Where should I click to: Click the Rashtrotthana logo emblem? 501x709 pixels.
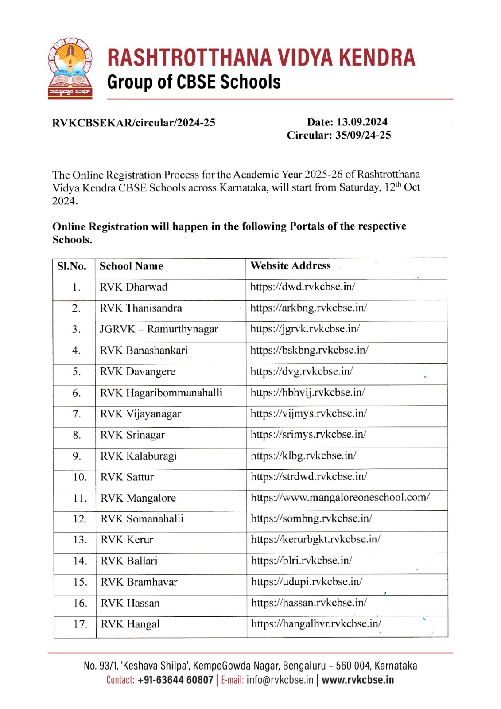point(70,68)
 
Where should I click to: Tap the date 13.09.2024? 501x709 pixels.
point(362,122)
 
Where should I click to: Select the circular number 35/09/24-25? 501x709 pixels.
point(363,135)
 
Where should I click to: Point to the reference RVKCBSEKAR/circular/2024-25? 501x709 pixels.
point(133,123)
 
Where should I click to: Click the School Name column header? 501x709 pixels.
point(131,266)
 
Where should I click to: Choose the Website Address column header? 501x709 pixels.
point(290,266)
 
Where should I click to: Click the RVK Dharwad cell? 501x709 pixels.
point(133,287)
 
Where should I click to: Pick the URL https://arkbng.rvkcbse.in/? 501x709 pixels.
point(308,308)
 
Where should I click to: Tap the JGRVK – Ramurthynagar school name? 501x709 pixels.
point(159,329)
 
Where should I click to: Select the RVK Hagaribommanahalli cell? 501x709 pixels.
point(161,393)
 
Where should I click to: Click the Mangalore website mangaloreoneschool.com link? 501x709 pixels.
point(340,498)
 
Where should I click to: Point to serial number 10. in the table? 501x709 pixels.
point(80,477)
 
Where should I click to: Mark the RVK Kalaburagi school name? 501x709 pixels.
point(138,456)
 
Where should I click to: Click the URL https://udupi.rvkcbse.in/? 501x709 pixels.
point(307,582)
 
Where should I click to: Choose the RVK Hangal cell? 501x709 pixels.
point(130,624)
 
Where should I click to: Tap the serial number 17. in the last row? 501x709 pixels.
point(80,624)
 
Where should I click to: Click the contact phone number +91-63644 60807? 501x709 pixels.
point(175,680)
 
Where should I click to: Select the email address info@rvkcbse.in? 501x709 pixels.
point(280,680)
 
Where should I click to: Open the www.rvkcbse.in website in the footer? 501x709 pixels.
point(357,680)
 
